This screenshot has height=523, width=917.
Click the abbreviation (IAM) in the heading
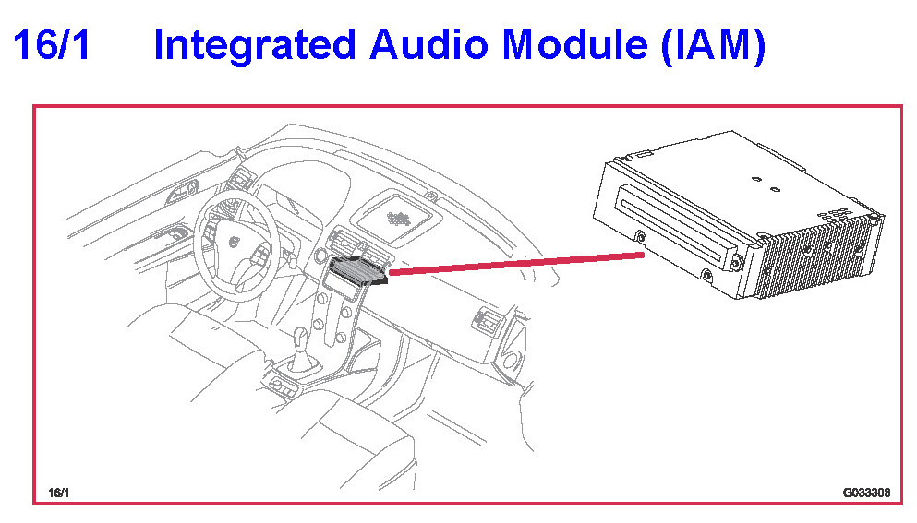coord(713,46)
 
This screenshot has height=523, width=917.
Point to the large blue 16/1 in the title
coord(52,46)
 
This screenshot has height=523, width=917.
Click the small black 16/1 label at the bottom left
coord(58,493)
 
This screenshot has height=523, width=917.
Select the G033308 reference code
coord(865,493)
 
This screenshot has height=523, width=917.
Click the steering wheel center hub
coord(233,242)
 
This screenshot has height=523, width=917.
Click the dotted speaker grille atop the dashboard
coord(399,219)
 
